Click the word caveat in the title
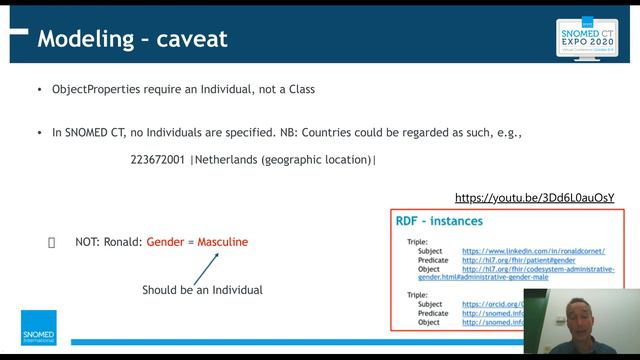tap(191, 39)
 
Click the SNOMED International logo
tap(39, 328)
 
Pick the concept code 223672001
tap(157, 159)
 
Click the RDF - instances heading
tap(440, 221)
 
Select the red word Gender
tap(165, 242)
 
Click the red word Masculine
tap(222, 242)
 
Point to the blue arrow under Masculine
tap(205, 267)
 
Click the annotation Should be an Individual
tap(202, 290)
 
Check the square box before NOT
tap(52, 242)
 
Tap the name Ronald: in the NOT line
tap(122, 242)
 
